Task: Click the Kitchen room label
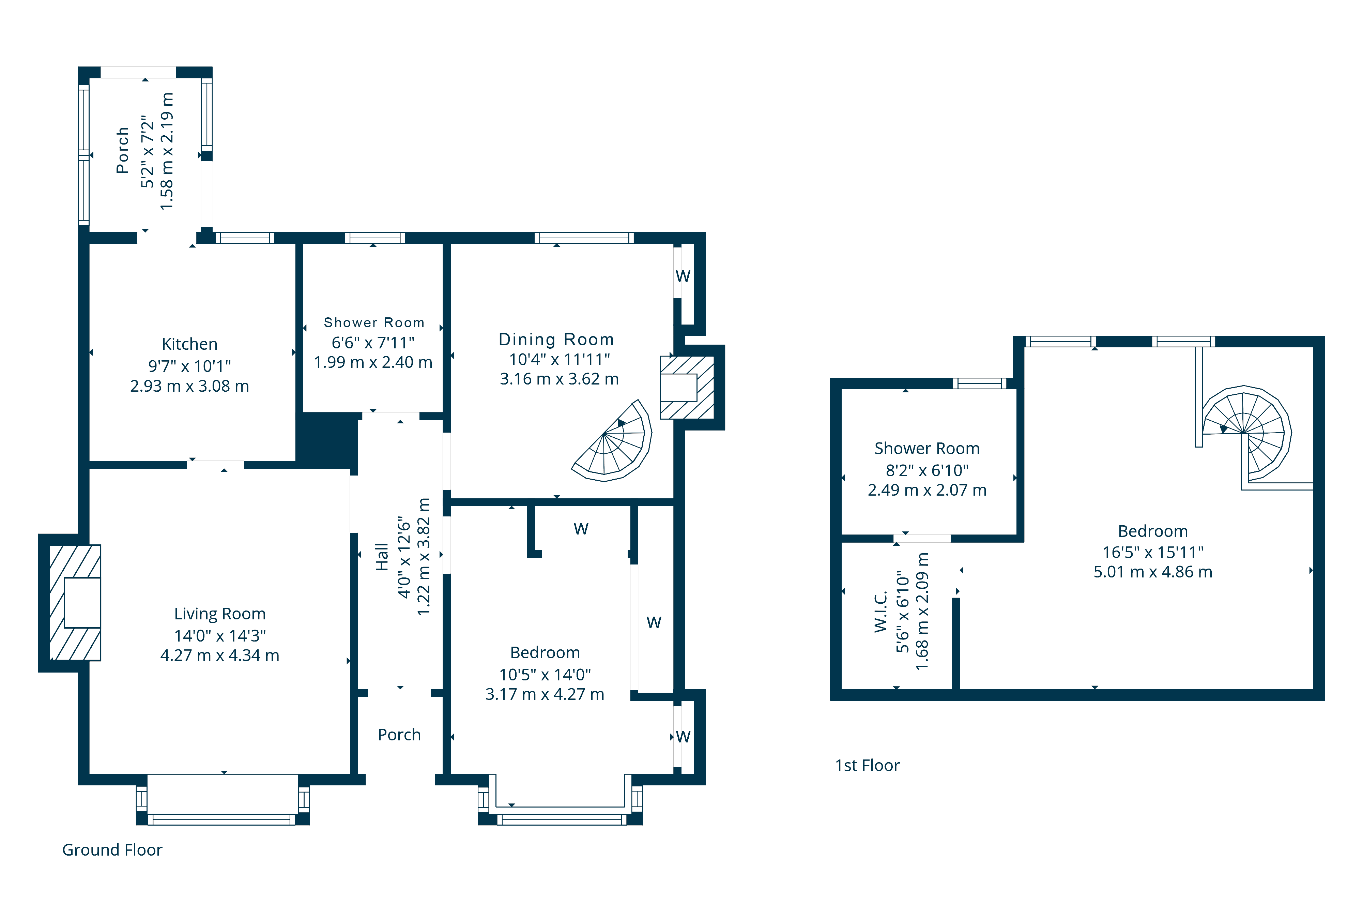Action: (189, 344)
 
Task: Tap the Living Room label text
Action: (219, 614)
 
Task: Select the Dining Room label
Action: (556, 340)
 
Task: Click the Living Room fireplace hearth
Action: (75, 602)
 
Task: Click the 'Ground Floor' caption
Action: (112, 850)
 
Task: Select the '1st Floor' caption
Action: (867, 766)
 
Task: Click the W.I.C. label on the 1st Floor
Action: (880, 612)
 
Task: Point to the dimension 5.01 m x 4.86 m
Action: (1153, 572)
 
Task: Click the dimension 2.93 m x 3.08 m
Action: (189, 386)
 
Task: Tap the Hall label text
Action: (382, 557)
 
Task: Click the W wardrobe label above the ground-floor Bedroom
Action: (581, 529)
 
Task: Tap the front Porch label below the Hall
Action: (399, 735)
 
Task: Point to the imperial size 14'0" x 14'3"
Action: (219, 635)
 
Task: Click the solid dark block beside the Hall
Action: (327, 440)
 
